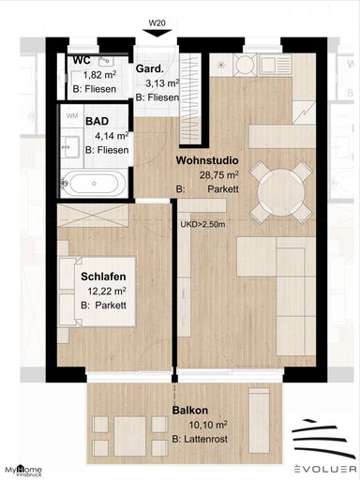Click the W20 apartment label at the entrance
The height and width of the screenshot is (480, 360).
157,22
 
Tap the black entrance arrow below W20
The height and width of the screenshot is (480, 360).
157,33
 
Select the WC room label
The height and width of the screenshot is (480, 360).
82,59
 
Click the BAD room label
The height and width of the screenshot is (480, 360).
97,121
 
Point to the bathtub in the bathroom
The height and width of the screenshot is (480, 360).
94,184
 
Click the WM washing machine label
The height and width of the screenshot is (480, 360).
72,116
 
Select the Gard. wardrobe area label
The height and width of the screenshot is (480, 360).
150,68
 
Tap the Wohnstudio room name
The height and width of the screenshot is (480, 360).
207,160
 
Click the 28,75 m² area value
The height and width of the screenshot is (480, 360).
219,174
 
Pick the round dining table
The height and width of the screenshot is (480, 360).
282,191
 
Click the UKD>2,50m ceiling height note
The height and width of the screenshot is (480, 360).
202,224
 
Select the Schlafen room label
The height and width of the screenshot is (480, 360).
103,277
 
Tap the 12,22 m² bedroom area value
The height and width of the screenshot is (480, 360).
107,292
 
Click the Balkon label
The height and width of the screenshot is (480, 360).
190,411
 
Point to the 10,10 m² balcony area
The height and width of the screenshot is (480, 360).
208,425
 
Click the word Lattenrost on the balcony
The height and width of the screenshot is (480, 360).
205,439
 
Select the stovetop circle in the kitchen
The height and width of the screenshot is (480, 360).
246,65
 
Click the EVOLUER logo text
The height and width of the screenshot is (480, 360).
325,469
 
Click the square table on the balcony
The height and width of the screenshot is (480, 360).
130,436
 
